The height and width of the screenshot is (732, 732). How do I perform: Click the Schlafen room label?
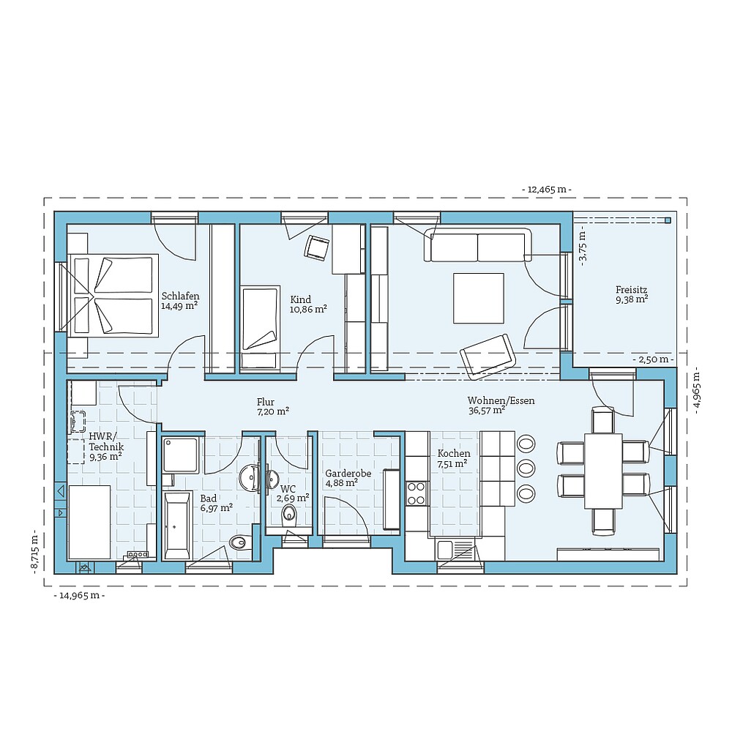(180, 296)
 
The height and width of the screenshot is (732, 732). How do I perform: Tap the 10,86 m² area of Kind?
(308, 310)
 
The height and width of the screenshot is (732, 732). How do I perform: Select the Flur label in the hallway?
(265, 402)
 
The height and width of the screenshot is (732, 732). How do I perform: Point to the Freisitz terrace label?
(631, 289)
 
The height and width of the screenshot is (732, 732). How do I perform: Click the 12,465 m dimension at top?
(546, 190)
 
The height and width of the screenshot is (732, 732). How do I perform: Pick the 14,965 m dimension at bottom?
(79, 596)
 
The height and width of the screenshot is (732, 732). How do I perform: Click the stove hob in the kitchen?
(417, 493)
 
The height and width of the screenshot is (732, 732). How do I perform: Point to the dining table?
(603, 471)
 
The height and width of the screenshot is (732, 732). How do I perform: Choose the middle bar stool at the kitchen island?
(526, 467)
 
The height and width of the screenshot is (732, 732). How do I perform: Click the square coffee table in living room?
(478, 297)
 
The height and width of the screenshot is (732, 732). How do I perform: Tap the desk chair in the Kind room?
(317, 247)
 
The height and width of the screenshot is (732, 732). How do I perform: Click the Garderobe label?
(348, 474)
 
